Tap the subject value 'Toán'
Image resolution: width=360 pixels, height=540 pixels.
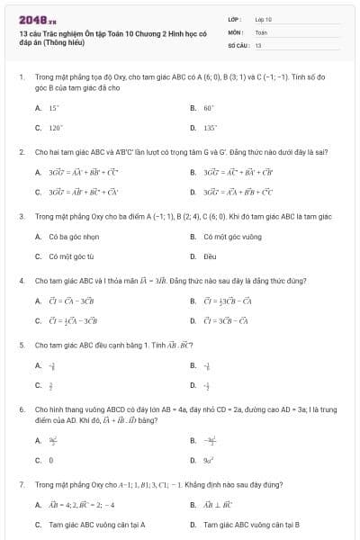coord(261,31)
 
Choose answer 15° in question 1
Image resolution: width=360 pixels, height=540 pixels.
coord(53,107)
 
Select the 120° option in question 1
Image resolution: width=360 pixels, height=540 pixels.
coord(55,128)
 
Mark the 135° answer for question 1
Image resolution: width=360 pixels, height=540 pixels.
coord(209,128)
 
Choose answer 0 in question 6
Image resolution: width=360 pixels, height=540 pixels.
coord(50,460)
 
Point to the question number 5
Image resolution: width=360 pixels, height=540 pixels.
coord(21,345)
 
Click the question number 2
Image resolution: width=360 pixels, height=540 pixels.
coord(21,152)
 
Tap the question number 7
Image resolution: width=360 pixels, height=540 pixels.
coord(21,484)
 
